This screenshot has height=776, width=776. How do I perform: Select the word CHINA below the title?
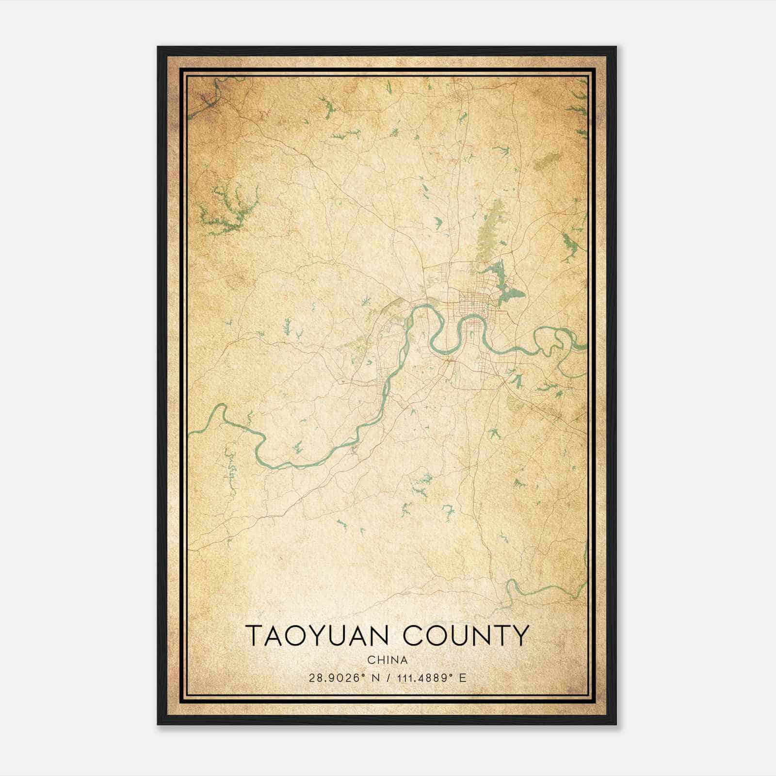(387, 660)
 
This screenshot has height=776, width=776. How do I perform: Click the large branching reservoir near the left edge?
(228, 209)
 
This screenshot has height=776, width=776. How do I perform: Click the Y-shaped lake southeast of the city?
(517, 381)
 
